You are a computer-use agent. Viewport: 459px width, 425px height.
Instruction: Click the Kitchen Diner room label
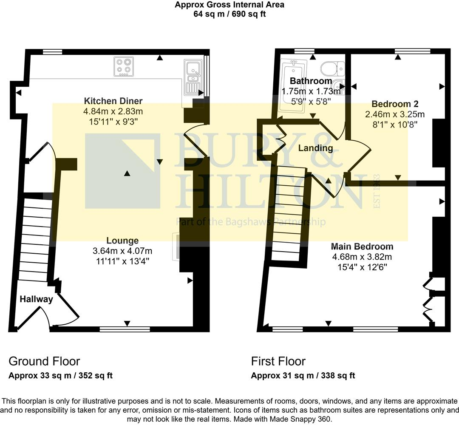click(x=113, y=101)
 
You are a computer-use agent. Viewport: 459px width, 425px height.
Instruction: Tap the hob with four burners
click(x=124, y=67)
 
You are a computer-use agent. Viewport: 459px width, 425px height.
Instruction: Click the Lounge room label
click(x=122, y=241)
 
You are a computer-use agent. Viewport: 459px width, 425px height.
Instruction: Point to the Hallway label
click(x=36, y=299)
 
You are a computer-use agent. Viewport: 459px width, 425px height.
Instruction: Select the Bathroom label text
click(x=311, y=81)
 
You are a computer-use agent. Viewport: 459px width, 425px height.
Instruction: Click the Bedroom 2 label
click(x=395, y=104)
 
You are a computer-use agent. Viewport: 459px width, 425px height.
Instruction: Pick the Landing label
click(x=315, y=148)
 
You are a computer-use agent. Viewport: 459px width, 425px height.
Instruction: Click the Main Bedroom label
click(x=362, y=246)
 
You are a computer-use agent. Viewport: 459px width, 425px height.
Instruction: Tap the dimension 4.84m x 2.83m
click(x=113, y=111)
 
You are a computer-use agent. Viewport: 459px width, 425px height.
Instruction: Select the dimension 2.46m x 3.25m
click(x=395, y=114)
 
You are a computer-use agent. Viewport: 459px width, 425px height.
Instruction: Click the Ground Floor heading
click(x=44, y=361)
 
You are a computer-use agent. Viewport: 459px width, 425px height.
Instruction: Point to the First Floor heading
click(x=278, y=361)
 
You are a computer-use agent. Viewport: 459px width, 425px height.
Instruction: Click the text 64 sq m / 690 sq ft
click(x=229, y=14)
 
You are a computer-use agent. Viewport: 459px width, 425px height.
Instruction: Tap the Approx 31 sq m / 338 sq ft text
click(x=303, y=376)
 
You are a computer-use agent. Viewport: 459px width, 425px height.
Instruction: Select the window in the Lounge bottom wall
click(x=125, y=329)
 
